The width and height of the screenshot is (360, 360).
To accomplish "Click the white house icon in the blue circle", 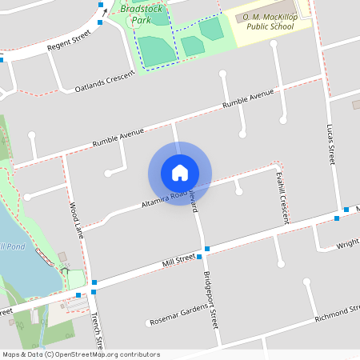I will [x=180, y=172].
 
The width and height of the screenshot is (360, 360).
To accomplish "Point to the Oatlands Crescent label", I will [x=105, y=84].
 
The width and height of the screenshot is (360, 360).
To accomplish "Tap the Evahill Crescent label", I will [x=281, y=196].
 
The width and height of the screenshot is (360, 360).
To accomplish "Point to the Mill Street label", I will [x=179, y=260].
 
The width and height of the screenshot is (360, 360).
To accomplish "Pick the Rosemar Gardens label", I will [x=179, y=315].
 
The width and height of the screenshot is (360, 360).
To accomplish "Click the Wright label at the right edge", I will [x=347, y=245].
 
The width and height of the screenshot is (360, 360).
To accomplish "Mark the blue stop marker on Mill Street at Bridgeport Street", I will [x=207, y=249].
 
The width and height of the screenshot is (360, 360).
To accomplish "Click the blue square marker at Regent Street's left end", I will [x=2, y=59].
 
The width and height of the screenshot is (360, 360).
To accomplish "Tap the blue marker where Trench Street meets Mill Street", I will [x=94, y=282].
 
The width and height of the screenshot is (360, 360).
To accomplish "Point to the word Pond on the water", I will [x=15, y=246].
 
